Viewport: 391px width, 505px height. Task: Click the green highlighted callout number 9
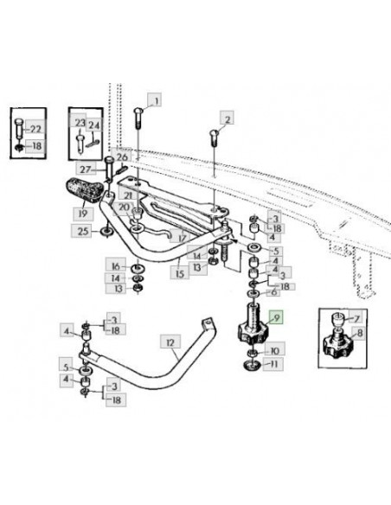pyautogui.click(x=277, y=318)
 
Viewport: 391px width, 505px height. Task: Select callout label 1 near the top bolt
pyautogui.click(x=155, y=100)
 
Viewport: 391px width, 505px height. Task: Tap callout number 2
pyautogui.click(x=227, y=118)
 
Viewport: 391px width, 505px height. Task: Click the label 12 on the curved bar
pyautogui.click(x=170, y=342)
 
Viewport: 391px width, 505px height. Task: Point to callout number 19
pyautogui.click(x=83, y=214)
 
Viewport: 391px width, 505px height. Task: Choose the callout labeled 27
pyautogui.click(x=86, y=169)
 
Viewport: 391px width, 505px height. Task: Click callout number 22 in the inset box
pyautogui.click(x=35, y=129)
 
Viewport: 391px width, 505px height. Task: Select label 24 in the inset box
pyautogui.click(x=94, y=125)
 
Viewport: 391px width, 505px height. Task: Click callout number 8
pyautogui.click(x=359, y=334)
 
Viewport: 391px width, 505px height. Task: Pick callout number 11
pyautogui.click(x=273, y=364)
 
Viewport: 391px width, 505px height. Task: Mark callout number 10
pyautogui.click(x=275, y=349)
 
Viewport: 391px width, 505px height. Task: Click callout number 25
pyautogui.click(x=83, y=231)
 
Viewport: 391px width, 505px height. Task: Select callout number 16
pyautogui.click(x=116, y=266)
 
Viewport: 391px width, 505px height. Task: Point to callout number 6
pyautogui.click(x=274, y=292)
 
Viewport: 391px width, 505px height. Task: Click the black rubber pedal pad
pyautogui.click(x=85, y=190)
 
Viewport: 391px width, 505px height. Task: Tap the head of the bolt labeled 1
pyautogui.click(x=138, y=112)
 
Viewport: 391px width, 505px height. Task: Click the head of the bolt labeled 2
pyautogui.click(x=215, y=132)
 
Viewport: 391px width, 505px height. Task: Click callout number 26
pyautogui.click(x=122, y=157)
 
